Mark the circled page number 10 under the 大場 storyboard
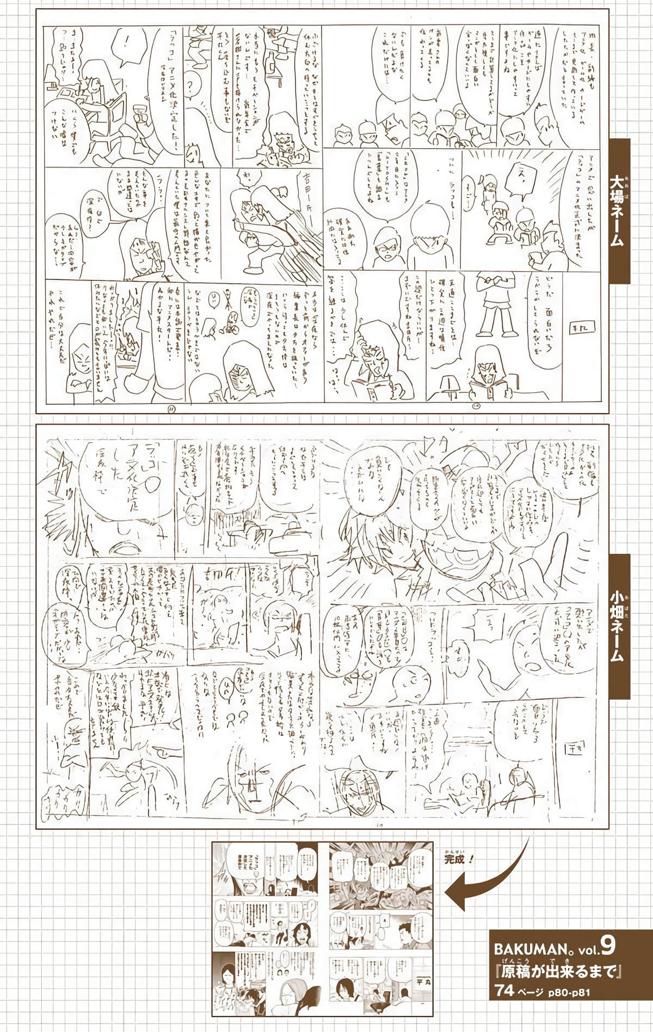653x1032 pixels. (x=477, y=405)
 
